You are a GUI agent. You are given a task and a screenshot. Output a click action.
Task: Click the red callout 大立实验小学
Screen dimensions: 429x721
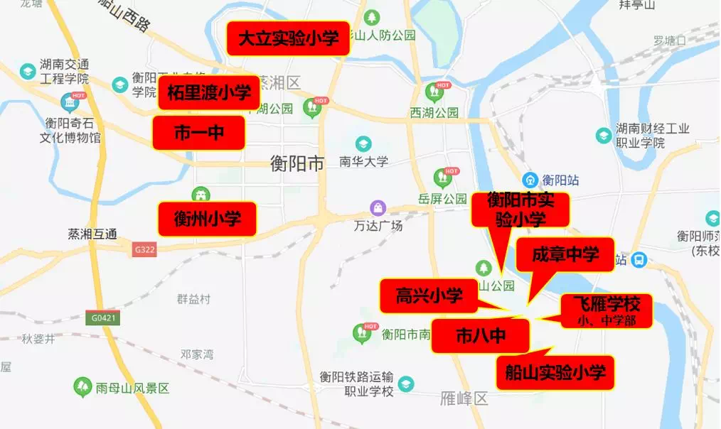pos(288,38)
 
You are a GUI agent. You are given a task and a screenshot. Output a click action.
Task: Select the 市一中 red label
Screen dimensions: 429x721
pos(199,133)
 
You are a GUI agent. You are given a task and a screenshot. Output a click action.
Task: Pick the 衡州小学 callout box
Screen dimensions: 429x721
pos(208,219)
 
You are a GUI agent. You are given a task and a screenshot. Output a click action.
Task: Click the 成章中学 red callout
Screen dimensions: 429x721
pos(565,254)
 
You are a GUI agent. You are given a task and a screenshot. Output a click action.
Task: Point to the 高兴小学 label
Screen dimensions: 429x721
pos(429,295)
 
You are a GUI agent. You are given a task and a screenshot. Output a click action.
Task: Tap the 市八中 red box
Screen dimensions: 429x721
pos(481,335)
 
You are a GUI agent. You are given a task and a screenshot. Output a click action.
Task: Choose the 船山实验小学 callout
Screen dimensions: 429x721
pos(555,372)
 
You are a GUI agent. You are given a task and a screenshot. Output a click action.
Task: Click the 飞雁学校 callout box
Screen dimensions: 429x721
pos(607,310)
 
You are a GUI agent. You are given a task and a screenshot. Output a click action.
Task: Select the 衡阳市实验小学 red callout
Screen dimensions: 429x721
pos(521,210)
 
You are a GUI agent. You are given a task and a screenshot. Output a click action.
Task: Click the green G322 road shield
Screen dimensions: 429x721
pos(144,249)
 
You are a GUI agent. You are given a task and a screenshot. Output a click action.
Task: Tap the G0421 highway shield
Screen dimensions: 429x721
pos(103,318)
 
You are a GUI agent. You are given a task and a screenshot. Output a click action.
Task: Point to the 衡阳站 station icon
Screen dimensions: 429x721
pos(530,180)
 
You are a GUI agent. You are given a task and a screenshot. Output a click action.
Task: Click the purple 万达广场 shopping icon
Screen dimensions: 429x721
pos(378,208)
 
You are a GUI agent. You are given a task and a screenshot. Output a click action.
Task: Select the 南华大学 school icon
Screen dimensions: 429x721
pos(363,144)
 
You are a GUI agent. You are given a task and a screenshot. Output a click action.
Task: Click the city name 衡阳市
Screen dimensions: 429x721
pos(297,164)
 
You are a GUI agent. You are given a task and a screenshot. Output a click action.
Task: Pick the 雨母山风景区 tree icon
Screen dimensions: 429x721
pos(83,388)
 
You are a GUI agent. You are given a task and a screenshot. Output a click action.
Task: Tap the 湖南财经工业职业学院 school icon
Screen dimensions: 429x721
pos(603,135)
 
